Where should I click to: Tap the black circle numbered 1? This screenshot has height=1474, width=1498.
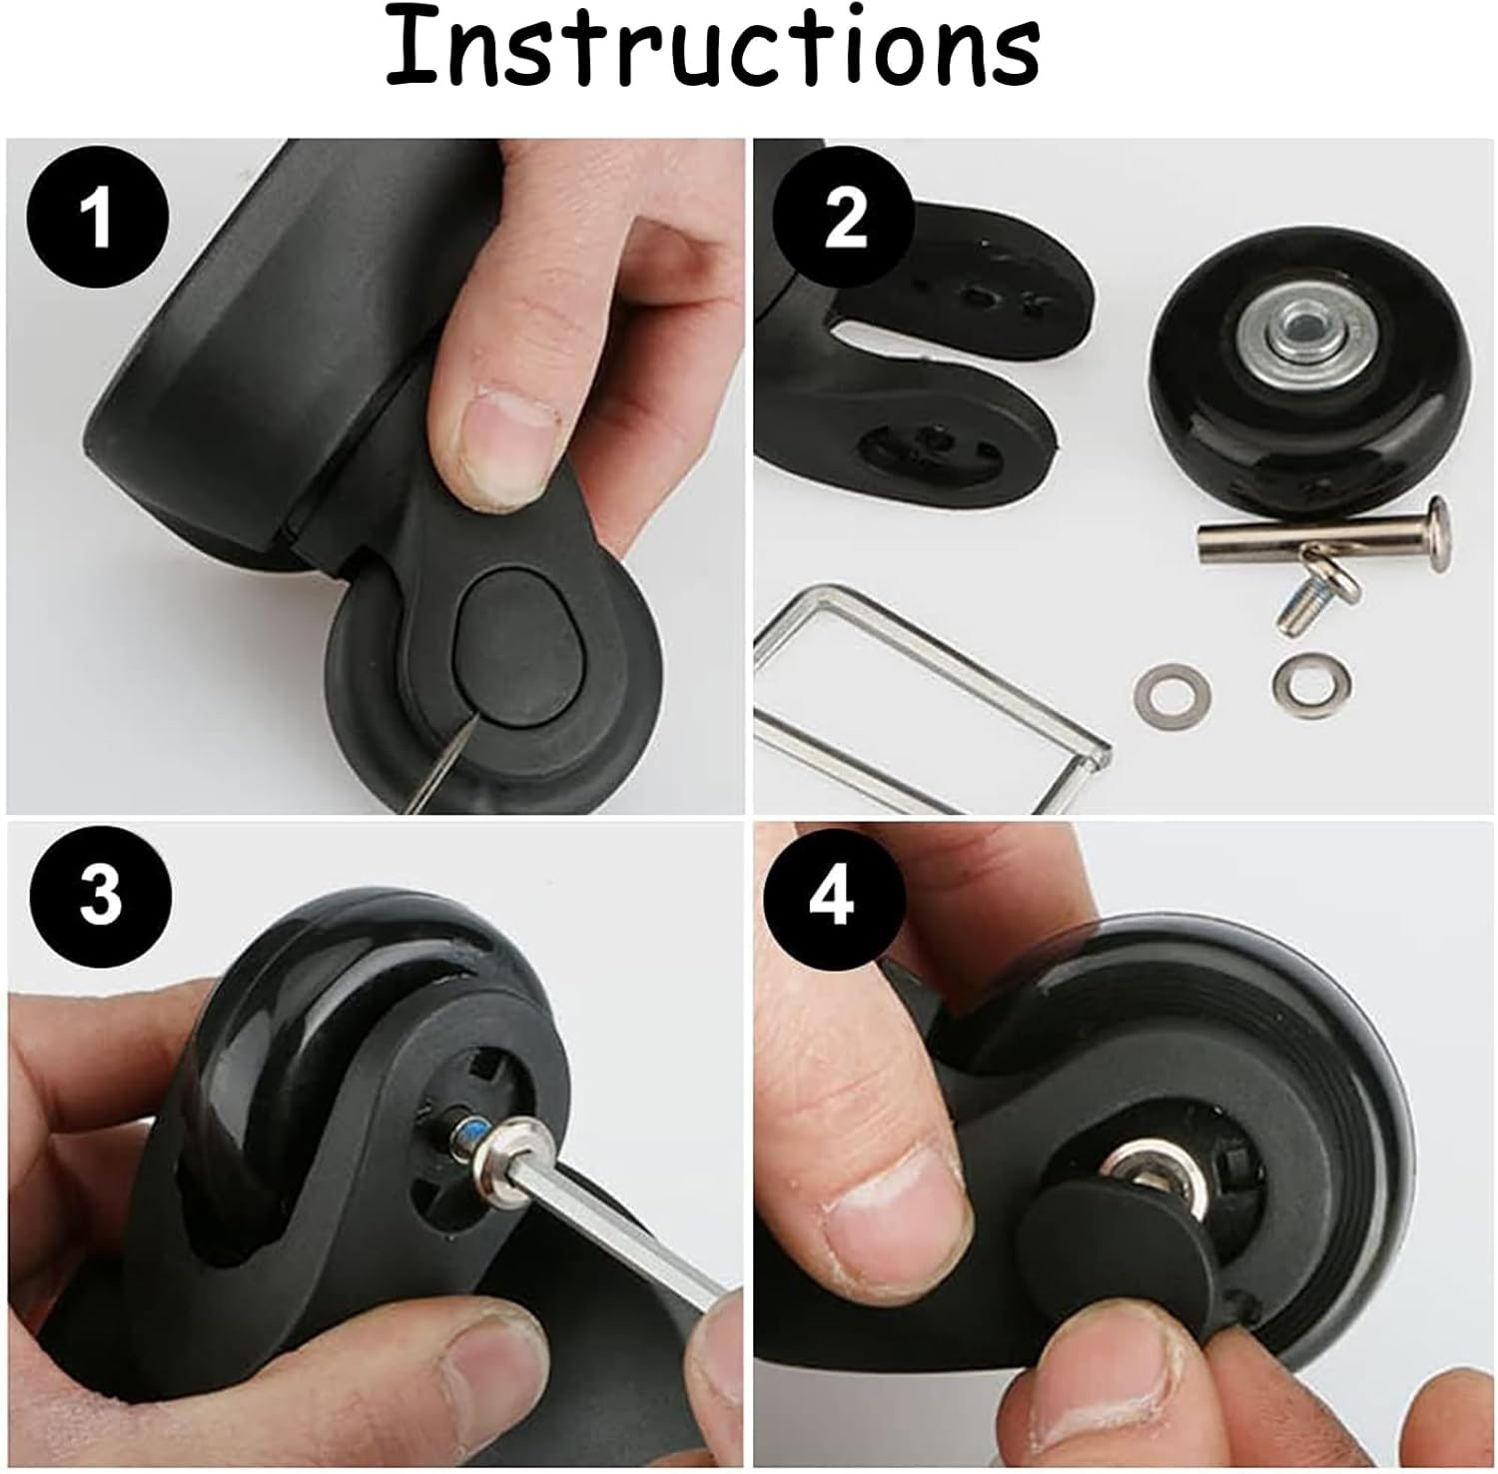coord(97,217)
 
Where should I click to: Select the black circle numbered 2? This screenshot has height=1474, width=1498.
coord(845,217)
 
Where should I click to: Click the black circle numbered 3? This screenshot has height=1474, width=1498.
coord(100,896)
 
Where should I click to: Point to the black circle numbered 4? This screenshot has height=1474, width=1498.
coord(833,896)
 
